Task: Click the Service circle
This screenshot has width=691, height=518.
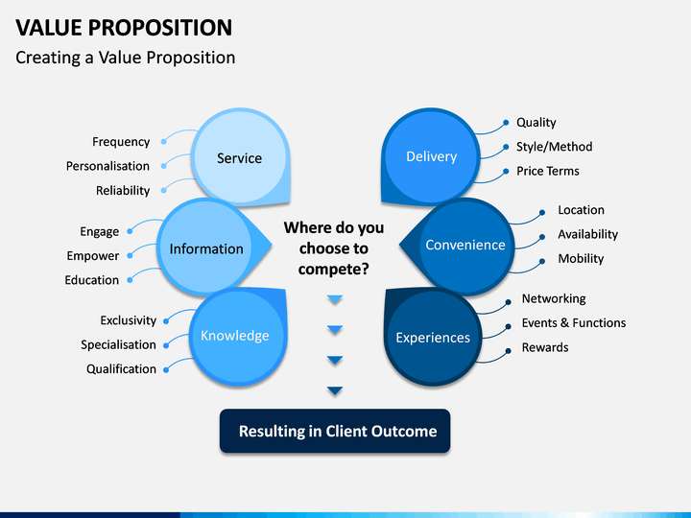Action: (240, 157)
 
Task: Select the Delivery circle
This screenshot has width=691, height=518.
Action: (431, 156)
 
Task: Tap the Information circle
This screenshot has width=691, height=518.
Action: (206, 247)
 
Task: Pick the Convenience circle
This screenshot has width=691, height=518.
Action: (465, 246)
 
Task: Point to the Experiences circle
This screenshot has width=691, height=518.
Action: (433, 338)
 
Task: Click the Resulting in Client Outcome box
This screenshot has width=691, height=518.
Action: (335, 431)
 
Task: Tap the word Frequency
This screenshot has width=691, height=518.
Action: (121, 142)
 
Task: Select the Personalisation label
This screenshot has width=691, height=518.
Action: (107, 166)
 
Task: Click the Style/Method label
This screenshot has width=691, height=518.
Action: (555, 147)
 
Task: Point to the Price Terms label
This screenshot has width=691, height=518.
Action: (548, 171)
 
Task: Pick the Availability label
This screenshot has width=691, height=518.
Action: (588, 234)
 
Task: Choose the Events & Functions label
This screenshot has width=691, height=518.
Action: (574, 323)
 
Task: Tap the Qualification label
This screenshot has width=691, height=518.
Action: (121, 368)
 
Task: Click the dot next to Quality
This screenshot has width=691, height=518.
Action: (506, 123)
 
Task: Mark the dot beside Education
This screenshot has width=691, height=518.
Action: (130, 280)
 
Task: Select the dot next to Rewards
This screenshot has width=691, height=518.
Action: (508, 351)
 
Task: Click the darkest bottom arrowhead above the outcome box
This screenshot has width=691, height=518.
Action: (335, 390)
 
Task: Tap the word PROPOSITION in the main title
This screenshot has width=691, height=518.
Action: (160, 28)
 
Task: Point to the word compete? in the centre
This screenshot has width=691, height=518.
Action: (334, 270)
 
